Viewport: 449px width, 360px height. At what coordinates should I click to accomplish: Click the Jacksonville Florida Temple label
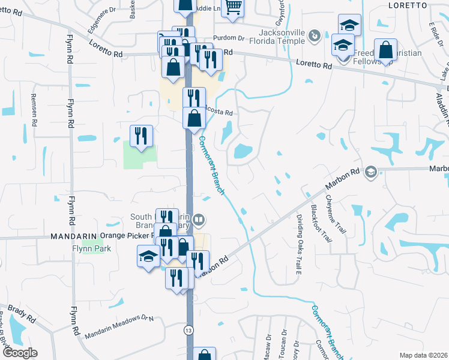point(282,37)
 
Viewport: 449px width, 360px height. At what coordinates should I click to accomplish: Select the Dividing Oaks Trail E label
point(298,242)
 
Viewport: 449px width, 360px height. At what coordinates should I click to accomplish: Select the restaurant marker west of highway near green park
point(141,136)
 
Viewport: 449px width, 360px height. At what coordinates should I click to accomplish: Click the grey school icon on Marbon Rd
point(370,173)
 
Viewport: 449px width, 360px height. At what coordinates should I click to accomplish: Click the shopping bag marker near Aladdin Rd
point(385,50)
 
